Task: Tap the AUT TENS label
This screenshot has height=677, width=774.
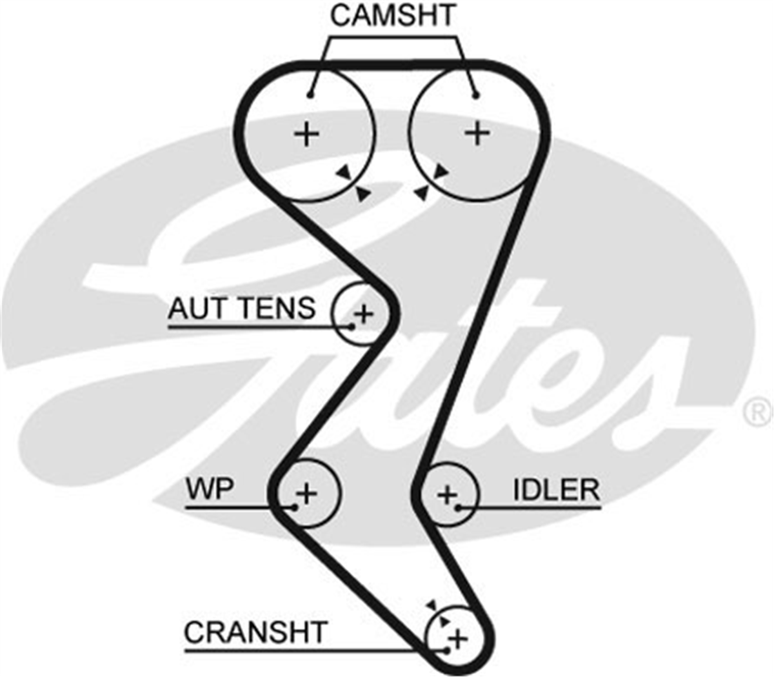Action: [x=241, y=308]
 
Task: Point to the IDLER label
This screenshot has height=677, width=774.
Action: [x=556, y=490]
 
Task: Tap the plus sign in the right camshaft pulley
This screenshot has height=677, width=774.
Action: [x=477, y=132]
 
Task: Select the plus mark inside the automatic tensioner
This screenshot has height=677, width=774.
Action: [x=364, y=314]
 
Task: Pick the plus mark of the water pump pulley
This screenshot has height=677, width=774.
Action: [x=306, y=494]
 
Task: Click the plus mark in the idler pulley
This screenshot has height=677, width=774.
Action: [x=447, y=494]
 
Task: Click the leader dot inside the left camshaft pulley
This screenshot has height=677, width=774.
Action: [x=310, y=96]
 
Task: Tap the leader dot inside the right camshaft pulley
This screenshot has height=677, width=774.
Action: [x=476, y=96]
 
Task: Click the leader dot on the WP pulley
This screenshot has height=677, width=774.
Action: [x=295, y=507]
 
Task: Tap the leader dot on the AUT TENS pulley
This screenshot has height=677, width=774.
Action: [x=352, y=326]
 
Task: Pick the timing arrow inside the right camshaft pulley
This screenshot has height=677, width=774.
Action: [x=441, y=171]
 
